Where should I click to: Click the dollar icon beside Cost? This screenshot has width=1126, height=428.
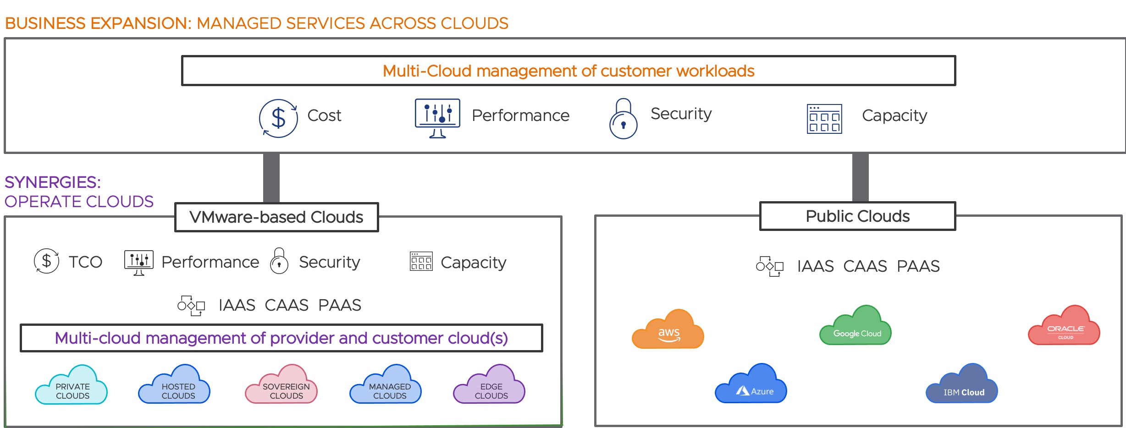click(x=278, y=118)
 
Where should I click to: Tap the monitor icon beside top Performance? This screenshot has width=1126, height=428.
click(x=437, y=117)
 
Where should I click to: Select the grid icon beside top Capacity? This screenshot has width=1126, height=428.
click(x=824, y=119)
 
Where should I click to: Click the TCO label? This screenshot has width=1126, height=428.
click(x=85, y=262)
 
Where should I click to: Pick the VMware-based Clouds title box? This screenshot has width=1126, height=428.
click(x=276, y=217)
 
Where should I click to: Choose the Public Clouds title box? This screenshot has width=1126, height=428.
click(x=857, y=216)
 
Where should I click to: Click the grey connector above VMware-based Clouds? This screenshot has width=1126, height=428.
click(x=271, y=178)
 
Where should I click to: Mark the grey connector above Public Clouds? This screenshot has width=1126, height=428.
click(x=860, y=177)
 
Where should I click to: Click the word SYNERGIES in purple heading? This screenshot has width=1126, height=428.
click(x=52, y=182)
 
